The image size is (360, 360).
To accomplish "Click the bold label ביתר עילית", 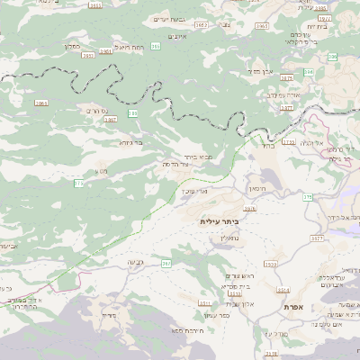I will [216, 220].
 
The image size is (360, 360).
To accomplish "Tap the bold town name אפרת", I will [292, 307].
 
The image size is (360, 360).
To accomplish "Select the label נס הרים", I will [95, 111].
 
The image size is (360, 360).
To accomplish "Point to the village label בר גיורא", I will [130, 141].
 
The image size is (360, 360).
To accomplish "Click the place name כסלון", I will [73, 45].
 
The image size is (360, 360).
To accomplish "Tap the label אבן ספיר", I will [262, 70].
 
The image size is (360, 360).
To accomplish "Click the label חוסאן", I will [259, 191].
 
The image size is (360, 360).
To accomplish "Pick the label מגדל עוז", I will [275, 334].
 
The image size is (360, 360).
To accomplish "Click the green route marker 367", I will [166, 263].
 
